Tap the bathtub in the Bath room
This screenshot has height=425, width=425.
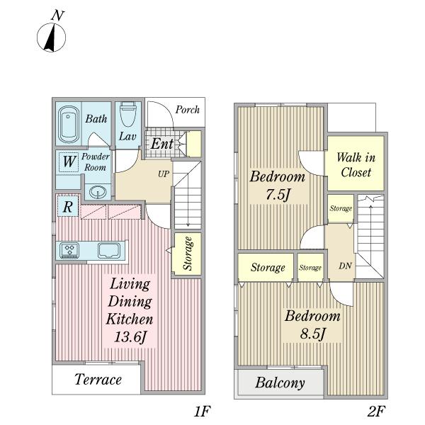coord(69,124)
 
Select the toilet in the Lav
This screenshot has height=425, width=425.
coord(127,114)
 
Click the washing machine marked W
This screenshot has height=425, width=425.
coord(69,161)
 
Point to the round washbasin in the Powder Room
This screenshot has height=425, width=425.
coord(98,193)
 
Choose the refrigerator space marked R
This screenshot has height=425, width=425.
coord(68,207)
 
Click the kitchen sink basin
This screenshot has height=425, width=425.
coord(109,251)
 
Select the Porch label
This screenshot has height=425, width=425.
coord(187,110)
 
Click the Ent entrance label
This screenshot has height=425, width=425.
coord(162,144)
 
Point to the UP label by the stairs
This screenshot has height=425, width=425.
coord(164,174)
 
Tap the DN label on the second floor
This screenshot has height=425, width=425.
coord(346,266)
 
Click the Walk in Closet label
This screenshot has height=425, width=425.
coord(356,165)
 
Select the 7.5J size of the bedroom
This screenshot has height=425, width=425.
coord(278,195)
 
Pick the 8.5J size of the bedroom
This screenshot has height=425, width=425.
coord(312,334)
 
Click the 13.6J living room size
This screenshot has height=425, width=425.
coord(130,337)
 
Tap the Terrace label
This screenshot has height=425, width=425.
coord(98,379)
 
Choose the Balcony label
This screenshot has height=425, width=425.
coord(280,382)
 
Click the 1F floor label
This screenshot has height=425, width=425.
coord(202,412)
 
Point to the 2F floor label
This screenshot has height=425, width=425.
coord(377,412)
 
